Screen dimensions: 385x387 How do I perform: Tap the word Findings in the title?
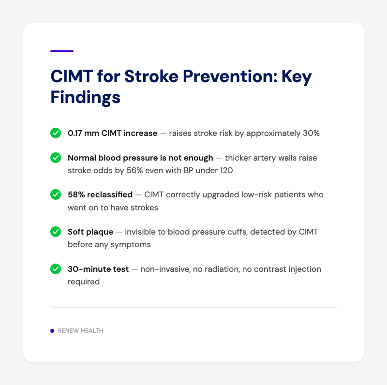coord(86,97)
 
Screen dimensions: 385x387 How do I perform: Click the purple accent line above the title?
coord(62,51)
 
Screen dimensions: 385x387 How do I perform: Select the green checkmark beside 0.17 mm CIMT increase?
coord(56,133)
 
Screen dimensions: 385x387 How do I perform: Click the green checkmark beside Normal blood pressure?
coord(56,158)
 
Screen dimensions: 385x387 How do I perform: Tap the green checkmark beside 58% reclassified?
coord(56,194)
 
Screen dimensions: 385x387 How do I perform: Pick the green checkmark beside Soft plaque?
coord(56,232)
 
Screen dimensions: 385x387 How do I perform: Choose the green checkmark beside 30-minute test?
coord(56,269)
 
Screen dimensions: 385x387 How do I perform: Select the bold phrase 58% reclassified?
coord(100,194)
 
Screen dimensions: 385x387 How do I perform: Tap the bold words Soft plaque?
coord(90,232)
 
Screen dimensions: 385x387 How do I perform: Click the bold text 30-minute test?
coord(98,269)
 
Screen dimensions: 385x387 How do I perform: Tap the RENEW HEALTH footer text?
coord(80,331)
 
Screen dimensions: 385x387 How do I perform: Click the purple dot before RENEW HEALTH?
coord(52,331)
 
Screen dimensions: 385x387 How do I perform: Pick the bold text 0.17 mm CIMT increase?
coord(112,133)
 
